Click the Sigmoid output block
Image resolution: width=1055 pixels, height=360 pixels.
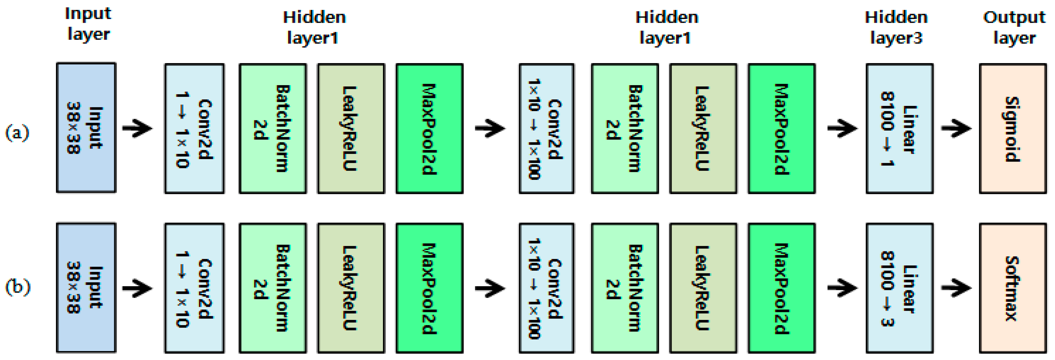[x=1012, y=129]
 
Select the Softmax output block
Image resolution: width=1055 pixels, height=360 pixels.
[x=1012, y=288]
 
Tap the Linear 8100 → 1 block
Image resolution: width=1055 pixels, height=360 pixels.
[x=899, y=129]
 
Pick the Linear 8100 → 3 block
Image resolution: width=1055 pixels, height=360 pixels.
[x=899, y=288]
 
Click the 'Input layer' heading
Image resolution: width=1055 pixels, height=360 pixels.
[x=88, y=24]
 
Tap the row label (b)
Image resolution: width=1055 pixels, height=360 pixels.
[x=18, y=287]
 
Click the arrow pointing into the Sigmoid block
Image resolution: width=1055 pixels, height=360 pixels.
[x=956, y=129]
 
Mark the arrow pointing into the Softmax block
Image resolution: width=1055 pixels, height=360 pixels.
[x=956, y=288]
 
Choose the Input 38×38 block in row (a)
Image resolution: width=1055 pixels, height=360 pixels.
[x=86, y=128]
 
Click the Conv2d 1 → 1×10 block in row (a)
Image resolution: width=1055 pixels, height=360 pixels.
[x=194, y=129]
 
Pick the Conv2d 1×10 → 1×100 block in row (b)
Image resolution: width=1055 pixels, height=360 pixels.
[x=546, y=288]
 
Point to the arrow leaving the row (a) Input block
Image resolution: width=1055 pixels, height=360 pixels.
[x=137, y=129]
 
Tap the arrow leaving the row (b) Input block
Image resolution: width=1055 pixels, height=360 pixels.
[x=137, y=288]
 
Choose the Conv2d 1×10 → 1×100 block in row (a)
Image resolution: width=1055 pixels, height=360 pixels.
[x=546, y=129]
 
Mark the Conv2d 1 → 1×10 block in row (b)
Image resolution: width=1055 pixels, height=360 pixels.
[x=194, y=288]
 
